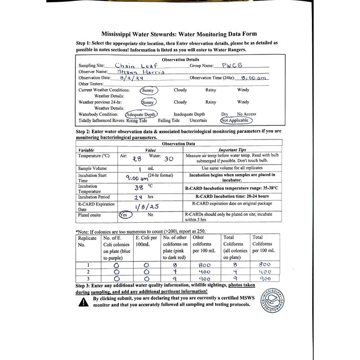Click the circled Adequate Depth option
141,114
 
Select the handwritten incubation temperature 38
139,188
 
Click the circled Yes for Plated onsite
126,215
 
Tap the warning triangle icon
84,302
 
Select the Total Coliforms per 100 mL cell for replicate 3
265,279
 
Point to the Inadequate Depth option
189,114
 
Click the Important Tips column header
232,150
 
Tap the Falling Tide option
169,121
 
